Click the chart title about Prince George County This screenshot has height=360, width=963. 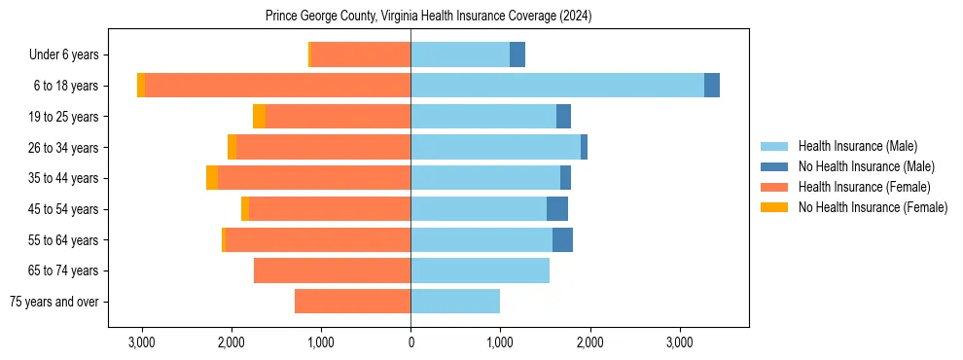point(428,17)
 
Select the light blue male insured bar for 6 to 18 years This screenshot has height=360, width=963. point(556,86)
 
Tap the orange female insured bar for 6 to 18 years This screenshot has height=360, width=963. point(277,86)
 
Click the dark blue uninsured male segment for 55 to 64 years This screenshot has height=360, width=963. point(562,239)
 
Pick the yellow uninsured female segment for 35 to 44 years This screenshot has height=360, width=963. point(212,178)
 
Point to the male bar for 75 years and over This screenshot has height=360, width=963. point(455,302)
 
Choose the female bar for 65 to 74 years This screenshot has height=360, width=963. point(332,270)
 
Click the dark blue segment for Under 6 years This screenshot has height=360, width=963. point(517,54)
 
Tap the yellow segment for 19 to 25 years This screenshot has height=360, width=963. point(259,117)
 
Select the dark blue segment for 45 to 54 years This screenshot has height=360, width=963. point(557,209)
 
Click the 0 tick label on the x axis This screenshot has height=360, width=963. point(410,342)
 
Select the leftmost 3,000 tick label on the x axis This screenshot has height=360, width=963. point(142,342)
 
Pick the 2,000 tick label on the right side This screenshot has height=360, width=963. point(589,342)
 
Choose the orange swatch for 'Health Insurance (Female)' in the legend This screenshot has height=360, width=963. point(775,187)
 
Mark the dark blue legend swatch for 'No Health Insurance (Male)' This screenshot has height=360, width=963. point(775,166)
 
